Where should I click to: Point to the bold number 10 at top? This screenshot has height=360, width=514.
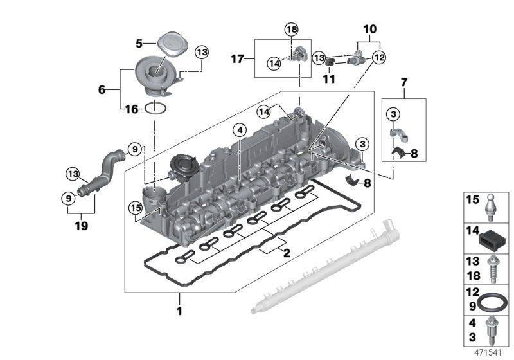[370, 29]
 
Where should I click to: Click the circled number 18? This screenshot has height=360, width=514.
[292, 30]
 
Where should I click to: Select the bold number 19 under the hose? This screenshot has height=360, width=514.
[80, 226]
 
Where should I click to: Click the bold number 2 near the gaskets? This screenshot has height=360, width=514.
[287, 253]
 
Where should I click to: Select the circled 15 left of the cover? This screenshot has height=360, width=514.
[134, 208]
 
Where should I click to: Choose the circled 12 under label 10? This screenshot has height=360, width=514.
[379, 57]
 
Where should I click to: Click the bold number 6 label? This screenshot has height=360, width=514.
[102, 90]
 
